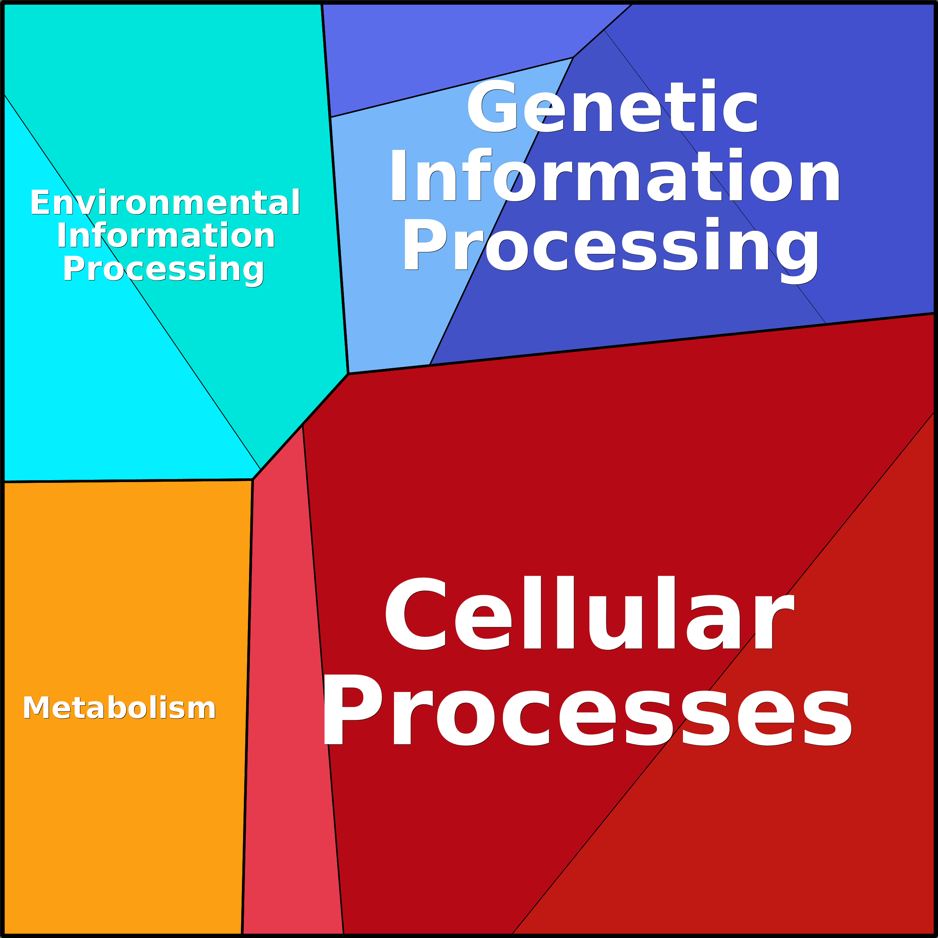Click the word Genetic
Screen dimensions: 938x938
pyautogui.click(x=612, y=105)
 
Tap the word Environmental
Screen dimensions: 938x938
pyautogui.click(x=165, y=202)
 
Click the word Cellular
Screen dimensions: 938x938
pyautogui.click(x=589, y=613)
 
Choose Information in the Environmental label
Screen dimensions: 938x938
pyautogui.click(x=166, y=236)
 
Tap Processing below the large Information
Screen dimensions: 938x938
pyautogui.click(x=610, y=250)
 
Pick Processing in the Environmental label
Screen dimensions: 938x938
pyautogui.click(x=164, y=270)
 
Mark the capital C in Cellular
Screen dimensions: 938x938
pyautogui.click(x=415, y=613)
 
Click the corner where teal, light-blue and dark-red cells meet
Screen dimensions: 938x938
pyautogui.click(x=348, y=374)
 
